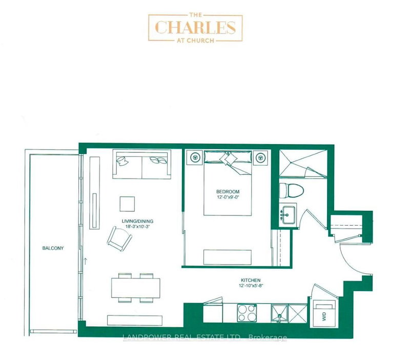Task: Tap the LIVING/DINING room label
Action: pyautogui.click(x=137, y=222)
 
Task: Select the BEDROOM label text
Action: pyautogui.click(x=228, y=192)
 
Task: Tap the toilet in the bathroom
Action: pyautogui.click(x=292, y=191)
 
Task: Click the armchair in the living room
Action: pyautogui.click(x=120, y=238)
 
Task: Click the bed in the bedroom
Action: pyautogui.click(x=228, y=182)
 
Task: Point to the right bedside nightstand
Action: pyautogui.click(x=261, y=158)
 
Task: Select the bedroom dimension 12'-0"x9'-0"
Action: pyautogui.click(x=228, y=198)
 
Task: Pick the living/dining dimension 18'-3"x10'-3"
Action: pyautogui.click(x=137, y=228)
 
